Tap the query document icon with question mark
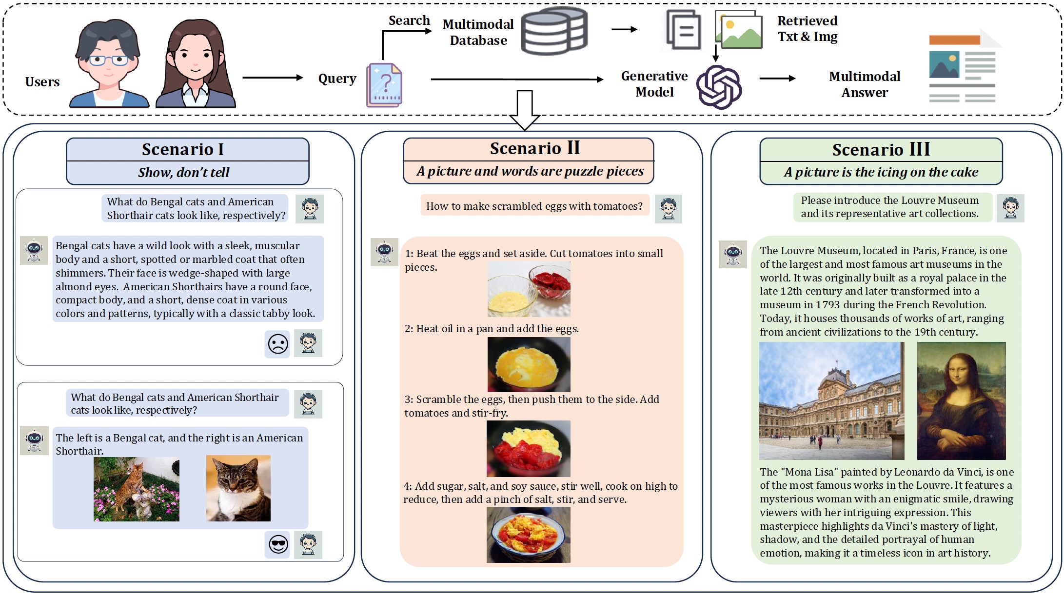tap(384, 85)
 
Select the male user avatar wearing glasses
tap(109, 63)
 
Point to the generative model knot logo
tap(719, 87)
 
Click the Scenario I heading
tap(183, 149)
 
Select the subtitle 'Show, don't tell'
tap(183, 172)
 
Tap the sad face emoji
tap(278, 344)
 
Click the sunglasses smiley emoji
tap(278, 544)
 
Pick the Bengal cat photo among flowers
tap(137, 489)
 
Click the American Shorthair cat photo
tap(238, 488)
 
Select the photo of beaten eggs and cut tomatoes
tap(529, 289)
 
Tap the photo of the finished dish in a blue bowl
tap(528, 535)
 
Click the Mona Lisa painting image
tap(961, 401)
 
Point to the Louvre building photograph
tap(831, 401)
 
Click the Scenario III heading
tap(881, 149)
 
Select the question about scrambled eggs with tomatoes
tap(534, 206)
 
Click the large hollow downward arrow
tap(525, 110)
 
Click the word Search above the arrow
tap(409, 20)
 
